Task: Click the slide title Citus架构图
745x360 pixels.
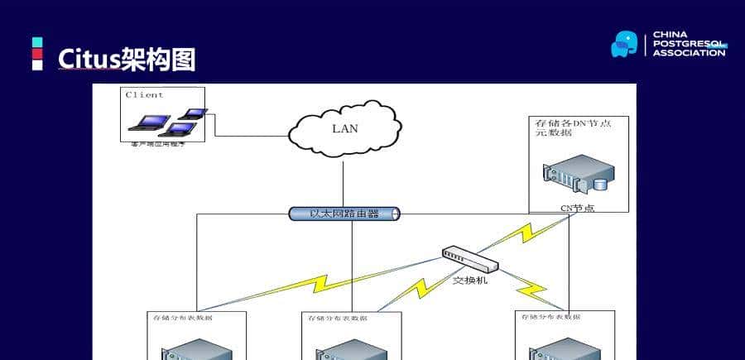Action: pos(126,59)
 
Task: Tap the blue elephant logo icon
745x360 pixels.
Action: pos(624,44)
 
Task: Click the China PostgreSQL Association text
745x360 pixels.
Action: pos(688,44)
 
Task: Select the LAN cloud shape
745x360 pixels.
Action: pos(345,128)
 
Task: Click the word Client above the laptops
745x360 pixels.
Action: pos(144,94)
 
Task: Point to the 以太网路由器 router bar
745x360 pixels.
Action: pos(344,214)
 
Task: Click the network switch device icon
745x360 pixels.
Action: pos(470,259)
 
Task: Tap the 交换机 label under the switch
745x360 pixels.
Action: pos(470,280)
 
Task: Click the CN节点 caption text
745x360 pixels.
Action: pos(577,208)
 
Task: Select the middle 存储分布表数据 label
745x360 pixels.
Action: pos(337,317)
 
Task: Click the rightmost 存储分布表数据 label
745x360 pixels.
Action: pos(549,316)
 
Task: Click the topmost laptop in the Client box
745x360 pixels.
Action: pos(195,113)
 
